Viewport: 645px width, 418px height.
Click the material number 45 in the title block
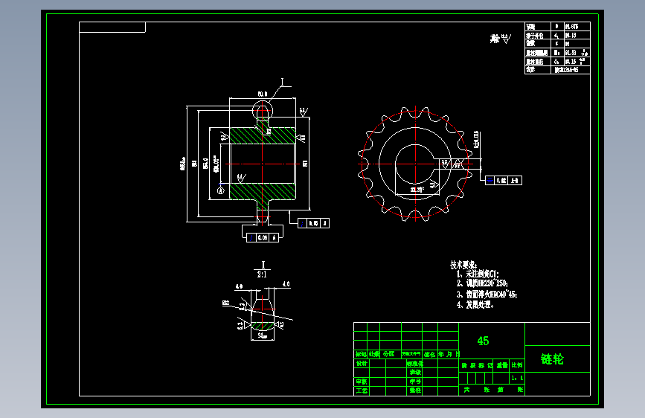pyautogui.click(x=483, y=341)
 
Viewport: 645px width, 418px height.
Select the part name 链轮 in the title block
pyautogui.click(x=552, y=359)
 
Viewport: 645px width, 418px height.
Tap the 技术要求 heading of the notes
pyautogui.click(x=463, y=265)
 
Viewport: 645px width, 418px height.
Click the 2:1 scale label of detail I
pyautogui.click(x=262, y=274)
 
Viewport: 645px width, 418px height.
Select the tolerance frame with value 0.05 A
pyautogui.click(x=313, y=222)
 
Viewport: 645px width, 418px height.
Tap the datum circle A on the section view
pyautogui.click(x=220, y=190)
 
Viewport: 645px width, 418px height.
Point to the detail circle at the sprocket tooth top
pyautogui.click(x=263, y=111)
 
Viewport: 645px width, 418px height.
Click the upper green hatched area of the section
pyautogui.click(x=264, y=135)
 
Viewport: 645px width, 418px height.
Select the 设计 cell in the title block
pyautogui.click(x=362, y=364)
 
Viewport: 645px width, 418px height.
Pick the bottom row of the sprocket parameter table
pyautogui.click(x=557, y=69)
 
